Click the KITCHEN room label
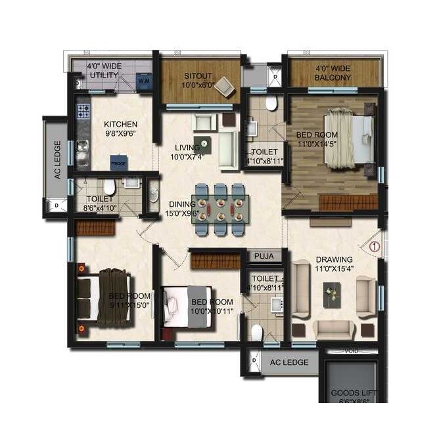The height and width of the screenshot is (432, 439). (x=121, y=124)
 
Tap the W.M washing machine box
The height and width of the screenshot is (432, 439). (x=144, y=81)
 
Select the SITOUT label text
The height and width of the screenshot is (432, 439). (x=197, y=76)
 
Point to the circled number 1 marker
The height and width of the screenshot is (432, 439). (x=374, y=246)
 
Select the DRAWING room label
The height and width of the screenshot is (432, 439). (x=333, y=259)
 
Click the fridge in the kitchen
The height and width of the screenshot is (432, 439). (x=118, y=162)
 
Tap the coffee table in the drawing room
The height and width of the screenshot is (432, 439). (x=333, y=292)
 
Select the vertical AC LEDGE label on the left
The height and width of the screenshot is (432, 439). (x=57, y=161)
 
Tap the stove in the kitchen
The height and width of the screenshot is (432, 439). (x=83, y=111)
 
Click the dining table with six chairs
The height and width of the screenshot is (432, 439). (x=220, y=205)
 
